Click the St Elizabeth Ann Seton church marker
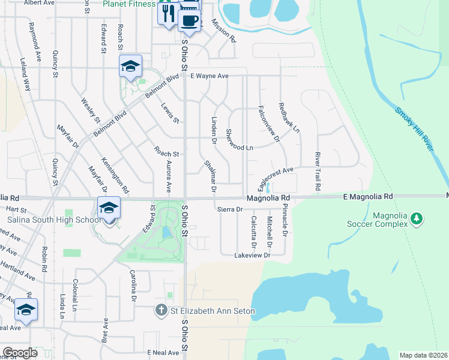pyautogui.click(x=160, y=311)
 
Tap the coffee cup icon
pyautogui.click(x=189, y=20)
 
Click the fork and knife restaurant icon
pyautogui.click(x=168, y=13)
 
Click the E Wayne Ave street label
pyautogui.click(x=210, y=76)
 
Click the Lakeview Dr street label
pyautogui.click(x=253, y=255)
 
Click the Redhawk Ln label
pyautogui.click(x=289, y=118)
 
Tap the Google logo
pyautogui.click(x=20, y=353)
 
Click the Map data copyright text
pyautogui.click(x=423, y=355)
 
